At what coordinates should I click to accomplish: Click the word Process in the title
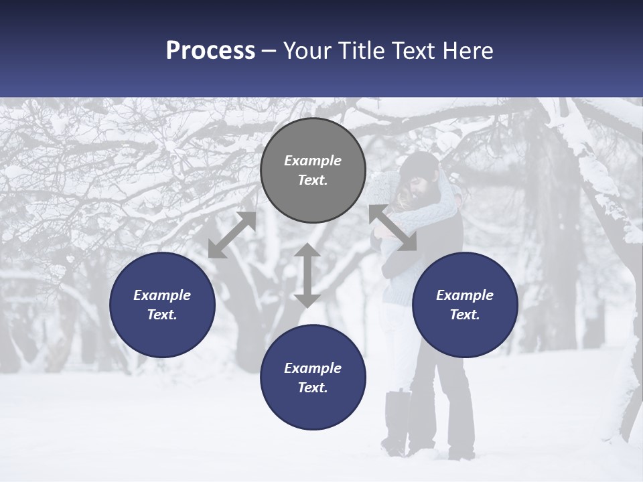point(210,51)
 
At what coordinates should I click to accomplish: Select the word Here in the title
point(467,51)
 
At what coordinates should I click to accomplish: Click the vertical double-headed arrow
point(307,275)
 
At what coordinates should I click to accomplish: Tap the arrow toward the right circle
point(392,228)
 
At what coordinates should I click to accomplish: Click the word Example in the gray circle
point(313,161)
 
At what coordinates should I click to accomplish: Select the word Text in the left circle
point(162,315)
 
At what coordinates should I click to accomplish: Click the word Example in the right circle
point(465,295)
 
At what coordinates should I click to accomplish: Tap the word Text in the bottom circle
point(313,388)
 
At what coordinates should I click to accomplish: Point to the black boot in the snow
point(397,422)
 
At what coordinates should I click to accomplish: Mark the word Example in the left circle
point(162,295)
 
